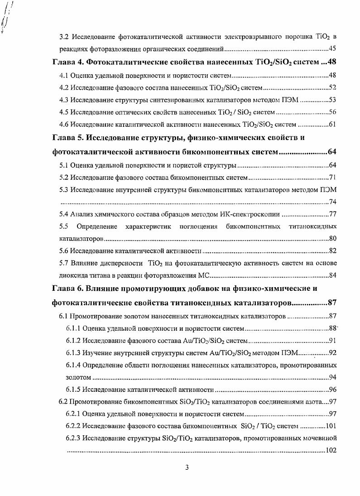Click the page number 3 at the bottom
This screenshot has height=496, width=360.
[187, 468]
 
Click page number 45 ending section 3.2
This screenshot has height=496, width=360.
[332, 48]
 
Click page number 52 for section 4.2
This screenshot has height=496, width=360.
[332, 87]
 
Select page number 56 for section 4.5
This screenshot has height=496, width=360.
[332, 112]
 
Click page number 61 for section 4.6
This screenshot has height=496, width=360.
[332, 125]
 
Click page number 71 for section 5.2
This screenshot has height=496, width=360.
[332, 177]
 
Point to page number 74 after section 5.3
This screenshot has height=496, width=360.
[332, 202]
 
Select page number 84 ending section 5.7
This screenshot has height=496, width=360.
[332, 275]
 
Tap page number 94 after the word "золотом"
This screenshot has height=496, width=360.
[332, 377]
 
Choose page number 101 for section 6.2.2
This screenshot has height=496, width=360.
[330, 426]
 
